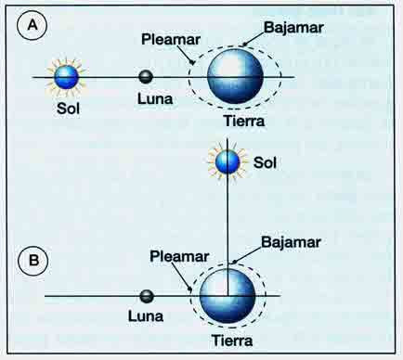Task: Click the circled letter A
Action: click(32, 25)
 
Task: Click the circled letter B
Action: click(33, 260)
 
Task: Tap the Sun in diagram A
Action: click(66, 77)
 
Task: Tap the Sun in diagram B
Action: click(227, 162)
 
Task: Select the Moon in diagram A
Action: click(146, 77)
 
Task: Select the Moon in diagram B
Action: click(147, 296)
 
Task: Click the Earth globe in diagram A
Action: click(235, 76)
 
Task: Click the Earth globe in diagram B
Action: click(227, 296)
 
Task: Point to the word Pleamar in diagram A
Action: click(171, 40)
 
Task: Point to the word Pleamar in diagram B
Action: click(179, 257)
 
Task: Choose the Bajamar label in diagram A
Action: click(293, 28)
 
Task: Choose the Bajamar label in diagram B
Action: click(291, 242)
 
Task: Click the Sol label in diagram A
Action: click(68, 109)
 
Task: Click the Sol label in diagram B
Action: click(265, 162)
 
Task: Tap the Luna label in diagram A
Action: click(155, 99)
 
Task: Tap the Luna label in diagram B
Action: click(146, 316)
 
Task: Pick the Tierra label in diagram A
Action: click(244, 121)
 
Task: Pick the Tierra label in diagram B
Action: click(232, 341)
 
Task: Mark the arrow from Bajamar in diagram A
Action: click(253, 39)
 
